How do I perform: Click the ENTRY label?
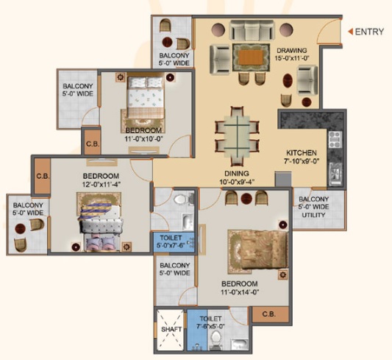coord(369,32)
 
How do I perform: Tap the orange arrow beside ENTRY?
coord(351,32)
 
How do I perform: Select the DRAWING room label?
coord(292,51)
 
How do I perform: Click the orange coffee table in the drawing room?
coord(251,57)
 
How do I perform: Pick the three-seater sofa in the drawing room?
coord(252,30)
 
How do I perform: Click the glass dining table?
coord(237,136)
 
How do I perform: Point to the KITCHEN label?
coord(302,152)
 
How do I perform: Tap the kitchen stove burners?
coord(335,139)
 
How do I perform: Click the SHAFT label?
coord(171,329)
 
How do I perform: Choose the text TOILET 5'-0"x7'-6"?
coord(171,241)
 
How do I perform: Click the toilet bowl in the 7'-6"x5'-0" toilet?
coord(215,338)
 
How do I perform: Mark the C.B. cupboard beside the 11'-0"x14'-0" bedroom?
coord(269,314)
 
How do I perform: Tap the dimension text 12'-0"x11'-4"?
coord(101,185)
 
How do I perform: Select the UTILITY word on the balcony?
coord(313,215)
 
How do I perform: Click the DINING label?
coord(237,173)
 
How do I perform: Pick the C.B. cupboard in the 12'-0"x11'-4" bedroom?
coord(42,176)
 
